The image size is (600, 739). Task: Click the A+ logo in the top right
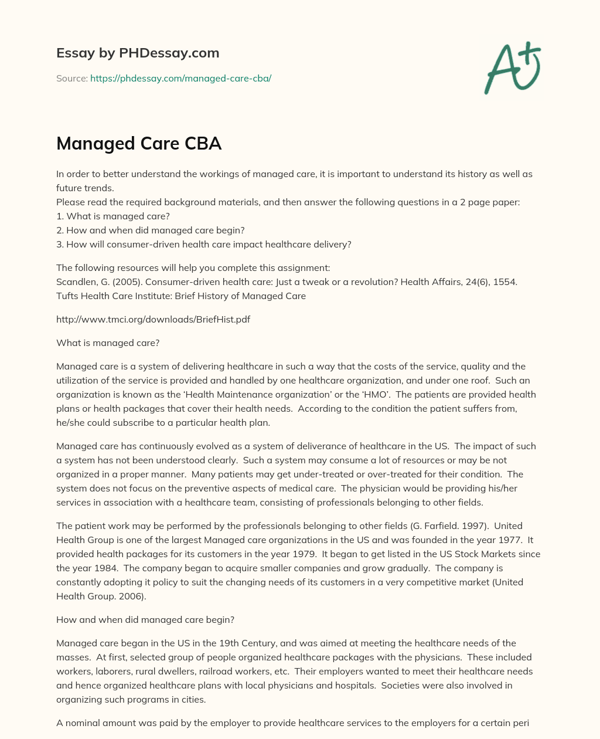(513, 68)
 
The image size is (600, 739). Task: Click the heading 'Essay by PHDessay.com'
(138, 53)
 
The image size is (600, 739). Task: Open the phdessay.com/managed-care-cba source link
(180, 78)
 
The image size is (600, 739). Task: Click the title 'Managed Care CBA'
(139, 143)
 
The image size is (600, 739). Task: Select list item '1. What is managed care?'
(113, 216)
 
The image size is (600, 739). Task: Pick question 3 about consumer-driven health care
(203, 244)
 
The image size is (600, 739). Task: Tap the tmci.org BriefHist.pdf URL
(153, 319)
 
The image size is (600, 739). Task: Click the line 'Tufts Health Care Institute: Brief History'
(181, 296)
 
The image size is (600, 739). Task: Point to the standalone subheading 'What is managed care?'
(108, 343)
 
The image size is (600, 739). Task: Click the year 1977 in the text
(510, 540)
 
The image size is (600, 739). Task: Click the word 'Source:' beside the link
(71, 78)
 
